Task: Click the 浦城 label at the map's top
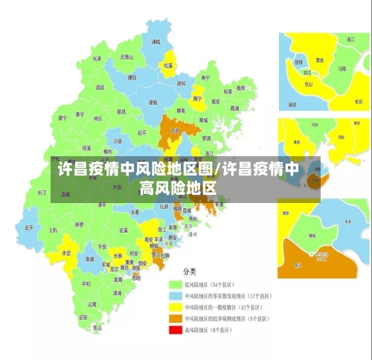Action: (155, 42)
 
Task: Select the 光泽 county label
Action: (97, 57)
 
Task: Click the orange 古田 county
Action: (174, 129)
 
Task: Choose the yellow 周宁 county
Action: (197, 97)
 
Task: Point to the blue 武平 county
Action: (29, 227)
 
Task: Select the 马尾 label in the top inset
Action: (341, 68)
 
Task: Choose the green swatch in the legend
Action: (175, 283)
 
